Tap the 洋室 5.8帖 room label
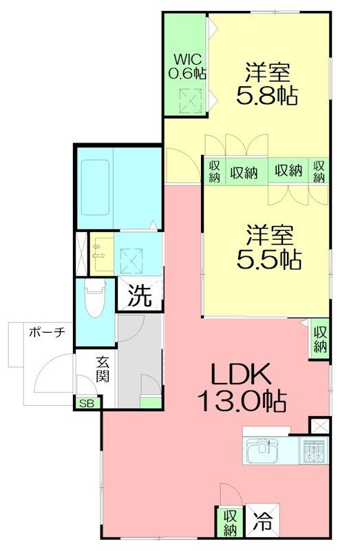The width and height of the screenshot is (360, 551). pyautogui.click(x=267, y=83)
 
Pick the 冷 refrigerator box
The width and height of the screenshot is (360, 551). pyautogui.click(x=262, y=521)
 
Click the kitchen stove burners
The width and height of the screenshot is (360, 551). pyautogui.click(x=315, y=452)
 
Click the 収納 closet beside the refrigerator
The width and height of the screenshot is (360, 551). pyautogui.click(x=229, y=521)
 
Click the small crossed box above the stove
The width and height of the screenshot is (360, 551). pyautogui.click(x=320, y=426)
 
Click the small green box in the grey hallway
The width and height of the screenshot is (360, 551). pyautogui.click(x=150, y=403)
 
